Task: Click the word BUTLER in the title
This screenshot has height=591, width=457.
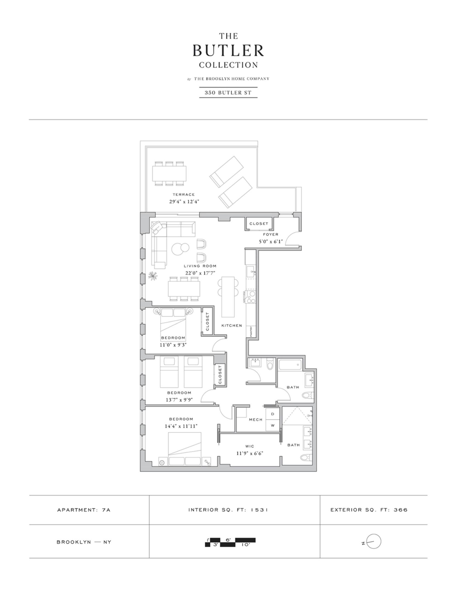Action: click(228, 51)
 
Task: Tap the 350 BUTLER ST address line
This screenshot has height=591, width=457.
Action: click(228, 92)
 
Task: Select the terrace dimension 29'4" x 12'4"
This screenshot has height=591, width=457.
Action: click(184, 202)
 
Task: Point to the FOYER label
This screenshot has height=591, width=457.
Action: click(270, 234)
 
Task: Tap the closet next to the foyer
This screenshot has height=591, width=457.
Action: click(259, 224)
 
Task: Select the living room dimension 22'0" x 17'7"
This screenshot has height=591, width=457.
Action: click(200, 273)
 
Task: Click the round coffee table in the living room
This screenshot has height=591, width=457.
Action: click(180, 248)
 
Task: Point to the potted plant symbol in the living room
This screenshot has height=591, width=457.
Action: click(153, 276)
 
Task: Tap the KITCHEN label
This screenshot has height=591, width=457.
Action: click(232, 326)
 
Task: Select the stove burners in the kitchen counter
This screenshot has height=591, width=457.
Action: click(250, 297)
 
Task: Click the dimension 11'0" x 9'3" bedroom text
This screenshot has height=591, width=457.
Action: click(173, 345)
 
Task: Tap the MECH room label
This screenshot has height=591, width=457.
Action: click(255, 420)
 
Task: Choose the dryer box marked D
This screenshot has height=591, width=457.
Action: click(273, 414)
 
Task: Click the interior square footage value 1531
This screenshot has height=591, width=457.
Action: click(259, 510)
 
